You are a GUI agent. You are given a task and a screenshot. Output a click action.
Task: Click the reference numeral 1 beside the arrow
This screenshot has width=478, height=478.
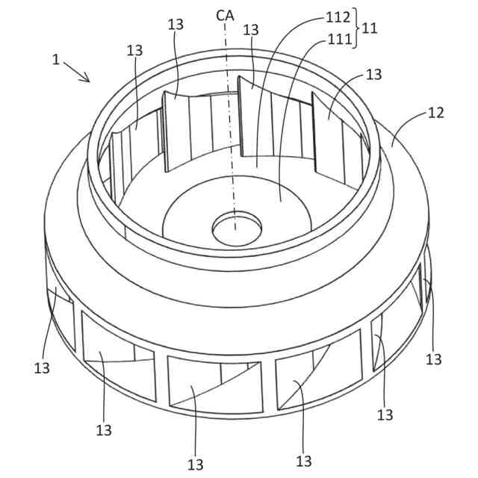tap(56, 60)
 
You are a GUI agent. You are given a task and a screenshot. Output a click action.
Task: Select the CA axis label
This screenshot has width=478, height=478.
tap(224, 14)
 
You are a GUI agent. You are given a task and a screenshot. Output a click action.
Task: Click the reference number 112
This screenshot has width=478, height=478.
tap(338, 16)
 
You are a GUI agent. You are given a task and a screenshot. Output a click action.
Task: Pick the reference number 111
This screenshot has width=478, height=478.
tap(338, 39)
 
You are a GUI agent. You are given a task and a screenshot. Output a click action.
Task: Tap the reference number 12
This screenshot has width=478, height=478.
tap(435, 113)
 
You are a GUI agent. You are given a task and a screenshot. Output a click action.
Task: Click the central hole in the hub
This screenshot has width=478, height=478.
tap(235, 229)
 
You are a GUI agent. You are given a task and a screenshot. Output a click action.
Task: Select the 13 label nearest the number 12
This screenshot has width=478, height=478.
tap(374, 74)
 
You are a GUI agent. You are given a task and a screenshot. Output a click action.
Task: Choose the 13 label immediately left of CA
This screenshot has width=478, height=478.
tap(176, 25)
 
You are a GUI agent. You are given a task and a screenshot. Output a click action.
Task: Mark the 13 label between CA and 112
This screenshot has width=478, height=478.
tap(251, 29)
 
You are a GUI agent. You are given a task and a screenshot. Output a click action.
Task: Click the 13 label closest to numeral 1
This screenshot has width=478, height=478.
tap(134, 50)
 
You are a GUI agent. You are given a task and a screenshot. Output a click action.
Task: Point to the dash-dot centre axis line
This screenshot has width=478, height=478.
tap(230, 134)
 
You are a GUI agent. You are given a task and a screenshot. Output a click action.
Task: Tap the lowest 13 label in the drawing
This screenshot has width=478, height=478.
tap(196, 464)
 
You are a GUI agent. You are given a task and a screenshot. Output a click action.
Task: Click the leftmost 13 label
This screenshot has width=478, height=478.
tap(43, 367)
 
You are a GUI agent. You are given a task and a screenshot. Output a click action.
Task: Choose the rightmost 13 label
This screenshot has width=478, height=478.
tap(434, 358)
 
